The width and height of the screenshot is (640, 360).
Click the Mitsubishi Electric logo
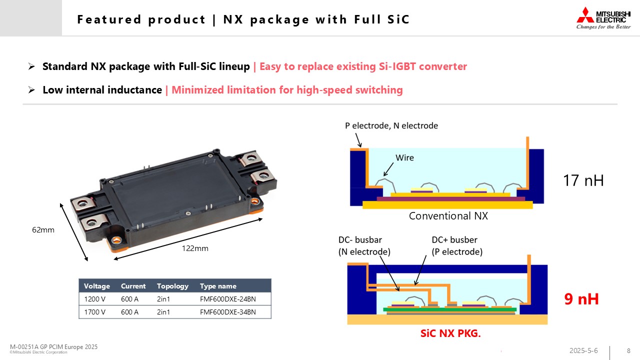point(603,18)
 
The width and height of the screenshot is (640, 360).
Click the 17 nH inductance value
point(583,180)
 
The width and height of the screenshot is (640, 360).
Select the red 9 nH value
point(581,299)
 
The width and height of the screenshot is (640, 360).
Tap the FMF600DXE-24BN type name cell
point(227,299)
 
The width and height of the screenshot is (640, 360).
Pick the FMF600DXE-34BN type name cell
point(227,312)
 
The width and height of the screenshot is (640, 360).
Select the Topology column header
point(172,286)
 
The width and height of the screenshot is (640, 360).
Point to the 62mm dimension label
point(42,230)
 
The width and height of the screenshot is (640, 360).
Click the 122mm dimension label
point(195,248)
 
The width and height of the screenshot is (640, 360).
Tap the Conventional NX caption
point(448,216)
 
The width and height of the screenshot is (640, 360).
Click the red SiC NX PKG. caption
point(450,333)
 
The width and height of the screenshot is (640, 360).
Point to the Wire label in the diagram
point(404,158)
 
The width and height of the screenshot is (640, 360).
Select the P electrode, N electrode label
point(391,125)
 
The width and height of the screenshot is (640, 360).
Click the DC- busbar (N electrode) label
point(364,245)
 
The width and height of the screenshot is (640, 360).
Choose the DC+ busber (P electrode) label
point(457,245)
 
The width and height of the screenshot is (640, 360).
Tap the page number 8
point(628,350)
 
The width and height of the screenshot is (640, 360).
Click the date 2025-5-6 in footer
point(583,350)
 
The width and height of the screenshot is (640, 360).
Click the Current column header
point(133,286)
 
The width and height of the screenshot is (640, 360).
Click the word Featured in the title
point(109,19)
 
